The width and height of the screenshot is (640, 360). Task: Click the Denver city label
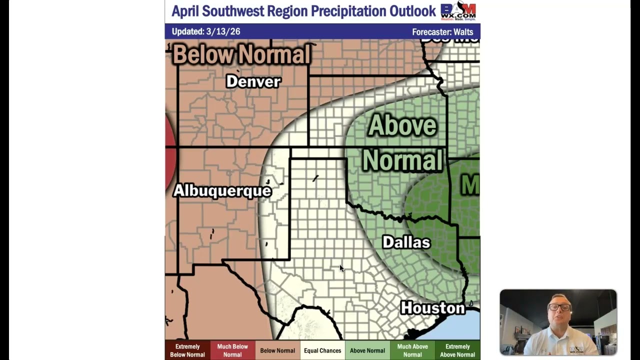(x=253, y=81)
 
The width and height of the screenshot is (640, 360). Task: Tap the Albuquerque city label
(x=222, y=190)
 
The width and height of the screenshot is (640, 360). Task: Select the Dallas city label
(x=406, y=242)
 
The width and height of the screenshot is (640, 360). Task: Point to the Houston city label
(x=432, y=308)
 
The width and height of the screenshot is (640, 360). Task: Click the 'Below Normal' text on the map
(x=241, y=54)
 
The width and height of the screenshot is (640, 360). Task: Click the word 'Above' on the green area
(x=402, y=125)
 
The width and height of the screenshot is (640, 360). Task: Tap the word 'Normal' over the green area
(x=402, y=161)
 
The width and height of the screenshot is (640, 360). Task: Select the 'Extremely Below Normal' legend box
(x=187, y=350)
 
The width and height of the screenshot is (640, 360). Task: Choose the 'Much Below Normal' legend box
(x=232, y=350)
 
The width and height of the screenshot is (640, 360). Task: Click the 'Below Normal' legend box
(x=277, y=350)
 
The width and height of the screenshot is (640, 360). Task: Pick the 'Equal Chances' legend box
(x=322, y=350)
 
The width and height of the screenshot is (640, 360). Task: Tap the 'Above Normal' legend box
(x=367, y=350)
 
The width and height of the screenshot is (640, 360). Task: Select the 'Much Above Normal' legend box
(x=412, y=350)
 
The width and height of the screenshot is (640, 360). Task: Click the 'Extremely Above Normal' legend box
(x=457, y=350)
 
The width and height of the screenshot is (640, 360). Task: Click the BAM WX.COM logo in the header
(x=458, y=11)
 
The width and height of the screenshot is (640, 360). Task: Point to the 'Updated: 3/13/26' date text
(x=206, y=31)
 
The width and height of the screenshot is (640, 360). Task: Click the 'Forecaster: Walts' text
(x=442, y=32)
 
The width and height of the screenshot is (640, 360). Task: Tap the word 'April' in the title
(x=187, y=11)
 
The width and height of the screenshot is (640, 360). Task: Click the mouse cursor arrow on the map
(x=342, y=268)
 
